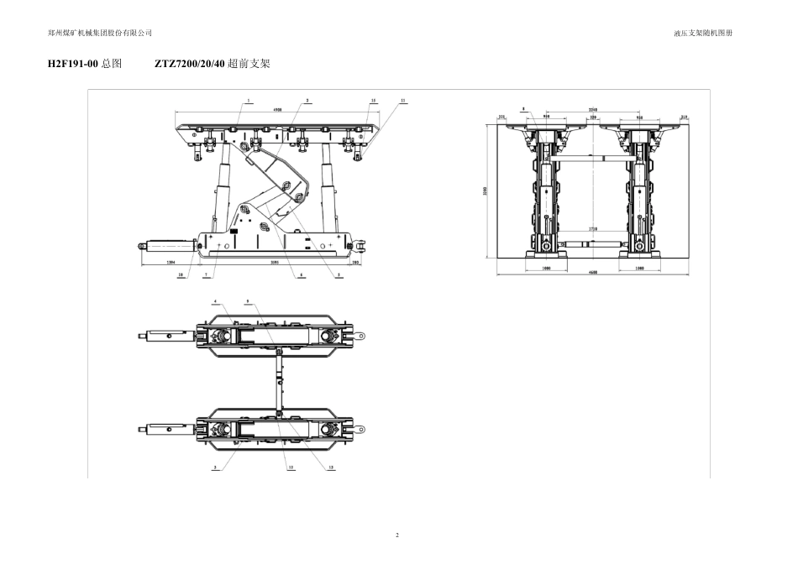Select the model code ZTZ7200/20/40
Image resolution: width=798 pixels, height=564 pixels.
point(191,64)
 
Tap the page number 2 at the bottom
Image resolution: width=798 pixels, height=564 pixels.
point(398,535)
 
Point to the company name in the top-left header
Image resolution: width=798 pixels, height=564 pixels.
point(101,33)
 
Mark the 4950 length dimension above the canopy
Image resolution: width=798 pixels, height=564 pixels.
point(277,109)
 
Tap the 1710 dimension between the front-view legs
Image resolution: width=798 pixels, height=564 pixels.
point(592,228)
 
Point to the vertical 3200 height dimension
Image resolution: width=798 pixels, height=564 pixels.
point(485,191)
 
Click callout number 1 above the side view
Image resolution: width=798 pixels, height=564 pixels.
point(249,100)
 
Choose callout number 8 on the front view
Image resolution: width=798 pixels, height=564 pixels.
point(523,108)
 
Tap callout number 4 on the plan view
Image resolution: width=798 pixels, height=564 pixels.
point(215,300)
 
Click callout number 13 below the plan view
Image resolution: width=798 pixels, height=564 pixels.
point(330,467)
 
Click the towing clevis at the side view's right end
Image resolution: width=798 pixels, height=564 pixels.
point(363,245)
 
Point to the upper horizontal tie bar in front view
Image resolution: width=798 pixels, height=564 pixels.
point(592,157)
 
